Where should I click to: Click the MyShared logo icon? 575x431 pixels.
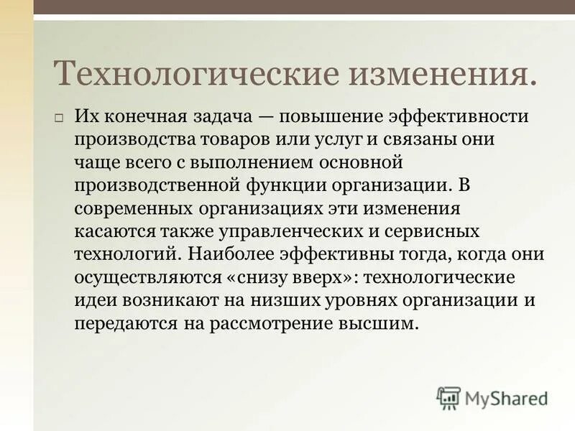tap(448, 397)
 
